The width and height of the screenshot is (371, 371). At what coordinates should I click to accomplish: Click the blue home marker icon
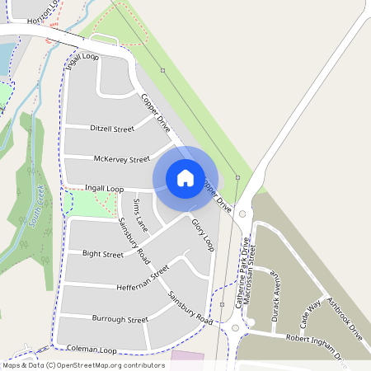(185, 177)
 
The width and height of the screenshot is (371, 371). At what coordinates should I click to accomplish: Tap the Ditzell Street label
(112, 129)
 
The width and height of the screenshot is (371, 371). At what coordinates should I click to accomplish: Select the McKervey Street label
(122, 159)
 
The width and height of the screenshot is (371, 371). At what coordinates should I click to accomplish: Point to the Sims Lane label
(139, 213)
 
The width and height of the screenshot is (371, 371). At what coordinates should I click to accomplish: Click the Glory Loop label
(202, 235)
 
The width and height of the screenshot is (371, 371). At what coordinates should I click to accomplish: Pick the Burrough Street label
(120, 319)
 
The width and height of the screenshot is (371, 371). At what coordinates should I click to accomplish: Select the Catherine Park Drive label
(242, 275)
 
